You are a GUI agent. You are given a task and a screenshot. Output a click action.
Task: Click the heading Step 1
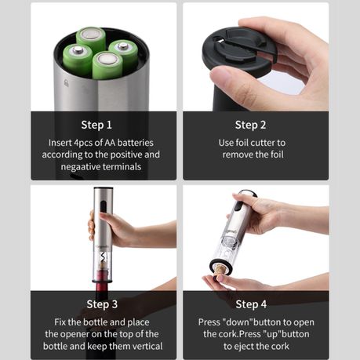pos(96,125)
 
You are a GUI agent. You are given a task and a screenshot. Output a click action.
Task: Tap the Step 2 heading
pos(250,125)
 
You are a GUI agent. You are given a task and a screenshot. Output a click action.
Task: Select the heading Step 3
pos(102,304)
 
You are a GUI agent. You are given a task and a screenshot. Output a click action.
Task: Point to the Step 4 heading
pos(251,304)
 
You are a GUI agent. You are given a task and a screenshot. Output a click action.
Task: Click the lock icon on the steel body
pos(66,83)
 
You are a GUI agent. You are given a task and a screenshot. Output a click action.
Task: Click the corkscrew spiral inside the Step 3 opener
pos(103,258)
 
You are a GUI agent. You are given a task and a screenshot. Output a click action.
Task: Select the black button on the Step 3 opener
pos(104,207)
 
